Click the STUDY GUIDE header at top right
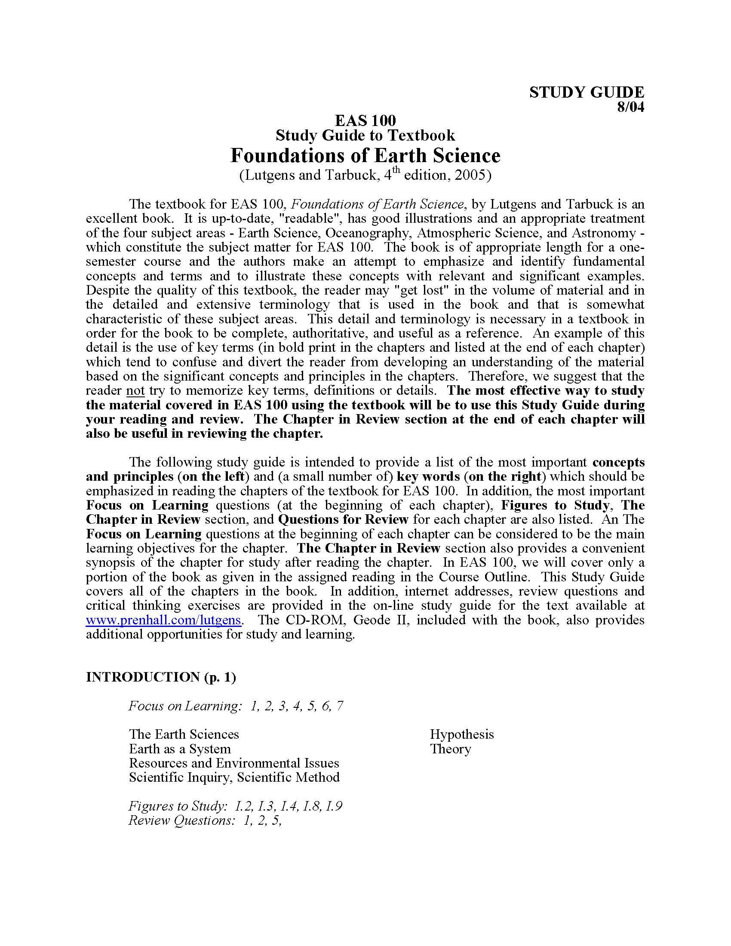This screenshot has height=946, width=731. [x=587, y=92]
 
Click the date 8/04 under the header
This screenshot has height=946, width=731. [x=630, y=107]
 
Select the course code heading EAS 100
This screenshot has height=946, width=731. [x=365, y=120]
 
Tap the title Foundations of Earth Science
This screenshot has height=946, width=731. [x=365, y=155]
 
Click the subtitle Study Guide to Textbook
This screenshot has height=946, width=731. [x=365, y=135]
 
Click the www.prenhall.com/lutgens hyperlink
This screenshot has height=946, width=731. [x=163, y=620]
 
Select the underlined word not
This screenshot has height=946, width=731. [x=135, y=391]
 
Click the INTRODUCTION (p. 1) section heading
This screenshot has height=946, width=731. [x=161, y=677]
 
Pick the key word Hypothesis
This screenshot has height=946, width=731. [x=462, y=734]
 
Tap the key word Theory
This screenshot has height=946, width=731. [x=450, y=749]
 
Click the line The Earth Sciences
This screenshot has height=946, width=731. [x=184, y=734]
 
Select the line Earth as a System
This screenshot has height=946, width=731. [x=180, y=749]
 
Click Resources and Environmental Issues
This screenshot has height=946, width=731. [x=234, y=763]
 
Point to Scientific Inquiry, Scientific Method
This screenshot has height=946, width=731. [x=234, y=777]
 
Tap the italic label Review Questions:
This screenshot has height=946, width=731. [x=181, y=820]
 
